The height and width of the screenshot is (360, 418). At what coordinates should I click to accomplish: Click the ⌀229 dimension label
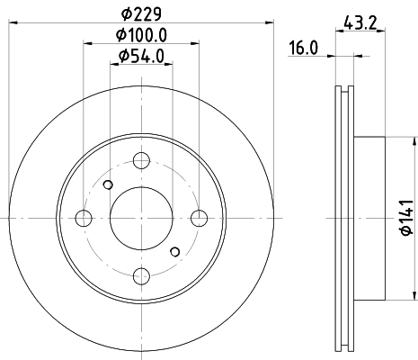coord(141,13)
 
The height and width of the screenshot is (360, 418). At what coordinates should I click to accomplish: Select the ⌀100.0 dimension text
coord(141,35)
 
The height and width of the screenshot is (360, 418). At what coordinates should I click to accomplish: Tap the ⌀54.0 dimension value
coord(141,56)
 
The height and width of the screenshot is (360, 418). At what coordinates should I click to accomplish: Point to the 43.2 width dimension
coord(360,22)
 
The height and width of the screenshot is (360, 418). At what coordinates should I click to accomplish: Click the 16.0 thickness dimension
coord(303,48)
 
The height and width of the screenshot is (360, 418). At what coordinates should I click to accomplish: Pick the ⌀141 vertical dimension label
coord(407,218)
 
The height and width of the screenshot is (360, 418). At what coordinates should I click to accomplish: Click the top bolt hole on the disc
coord(141,160)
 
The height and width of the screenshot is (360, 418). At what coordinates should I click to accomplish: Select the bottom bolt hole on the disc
coord(141,276)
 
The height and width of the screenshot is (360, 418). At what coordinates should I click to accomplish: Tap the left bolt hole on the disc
coord(84,218)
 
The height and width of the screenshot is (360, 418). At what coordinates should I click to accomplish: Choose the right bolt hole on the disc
coord(200,218)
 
